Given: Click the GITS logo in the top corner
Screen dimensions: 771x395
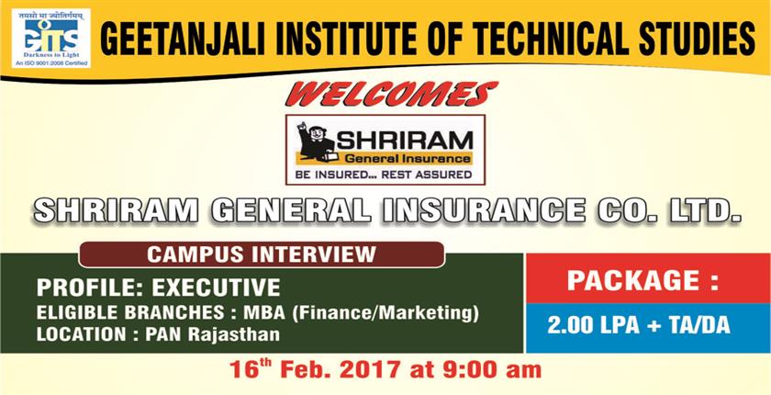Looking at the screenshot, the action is point(51,38).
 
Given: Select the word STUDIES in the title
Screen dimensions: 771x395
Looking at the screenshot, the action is point(697,38).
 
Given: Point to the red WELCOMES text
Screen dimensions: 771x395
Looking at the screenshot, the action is point(392,94).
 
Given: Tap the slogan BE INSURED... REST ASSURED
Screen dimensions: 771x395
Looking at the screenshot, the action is point(384,175).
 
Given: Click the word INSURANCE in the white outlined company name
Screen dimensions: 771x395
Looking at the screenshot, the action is point(484,211).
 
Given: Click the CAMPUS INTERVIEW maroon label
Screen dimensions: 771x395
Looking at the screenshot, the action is point(262,254).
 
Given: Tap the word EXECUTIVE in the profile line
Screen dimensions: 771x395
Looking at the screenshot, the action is point(217,288).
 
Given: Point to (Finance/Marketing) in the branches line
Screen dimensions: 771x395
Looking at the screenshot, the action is point(385,313).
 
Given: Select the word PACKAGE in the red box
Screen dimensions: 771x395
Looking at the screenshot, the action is point(631,280).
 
